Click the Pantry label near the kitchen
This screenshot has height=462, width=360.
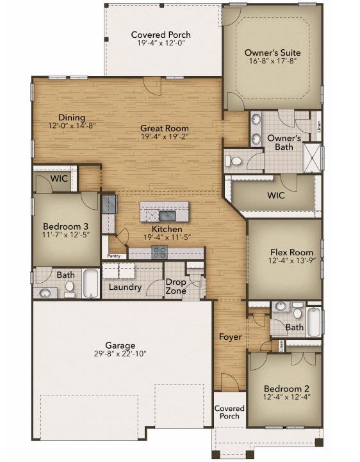point(114,256)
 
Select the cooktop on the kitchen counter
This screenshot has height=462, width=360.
point(159,252)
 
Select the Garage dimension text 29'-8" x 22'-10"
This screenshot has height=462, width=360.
point(120,354)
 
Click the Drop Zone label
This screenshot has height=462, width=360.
point(176,286)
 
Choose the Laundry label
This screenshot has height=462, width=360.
point(125,287)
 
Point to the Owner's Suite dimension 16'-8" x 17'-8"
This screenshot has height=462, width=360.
point(272,63)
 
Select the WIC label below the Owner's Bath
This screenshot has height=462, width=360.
point(275,195)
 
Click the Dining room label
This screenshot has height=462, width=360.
point(72,117)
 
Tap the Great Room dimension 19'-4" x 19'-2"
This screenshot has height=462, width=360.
point(165,138)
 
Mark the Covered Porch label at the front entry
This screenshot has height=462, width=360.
point(229,412)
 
